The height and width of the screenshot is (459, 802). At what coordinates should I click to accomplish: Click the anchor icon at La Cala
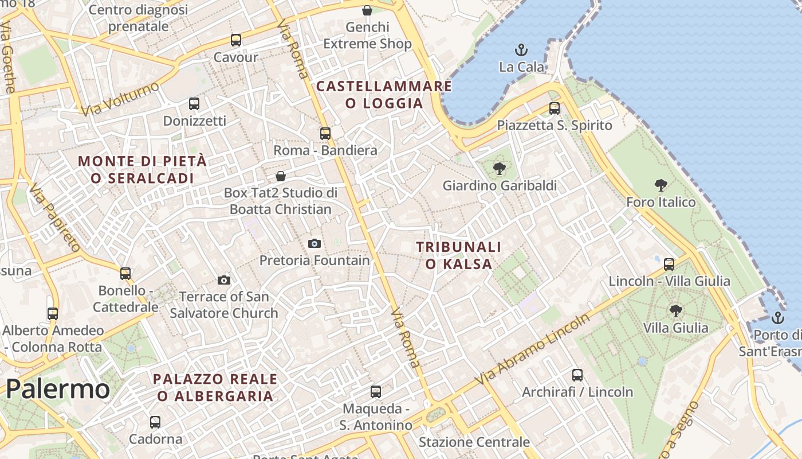[x=521, y=50]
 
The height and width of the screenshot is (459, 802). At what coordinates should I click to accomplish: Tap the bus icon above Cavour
[x=236, y=40]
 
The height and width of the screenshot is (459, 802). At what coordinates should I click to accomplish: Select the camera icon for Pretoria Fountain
[x=314, y=243]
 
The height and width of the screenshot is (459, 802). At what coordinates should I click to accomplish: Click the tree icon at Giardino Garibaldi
[x=500, y=169]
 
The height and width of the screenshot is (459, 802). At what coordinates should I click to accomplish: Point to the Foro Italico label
[x=661, y=202]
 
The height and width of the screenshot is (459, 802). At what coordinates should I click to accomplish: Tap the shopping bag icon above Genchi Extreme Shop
[x=367, y=10]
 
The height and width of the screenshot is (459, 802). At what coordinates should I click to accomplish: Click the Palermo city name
[x=57, y=389]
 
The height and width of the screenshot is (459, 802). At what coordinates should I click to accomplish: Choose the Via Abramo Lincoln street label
[x=532, y=350]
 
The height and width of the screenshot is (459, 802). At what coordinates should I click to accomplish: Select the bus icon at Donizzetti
[x=194, y=104]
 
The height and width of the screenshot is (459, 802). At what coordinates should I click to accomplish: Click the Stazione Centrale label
[x=474, y=442]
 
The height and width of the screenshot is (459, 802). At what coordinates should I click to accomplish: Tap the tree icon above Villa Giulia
[x=676, y=311]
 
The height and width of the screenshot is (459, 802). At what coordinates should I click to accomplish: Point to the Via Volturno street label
[x=120, y=99]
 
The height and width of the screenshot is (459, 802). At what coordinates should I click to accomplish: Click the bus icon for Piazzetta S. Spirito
[x=554, y=108]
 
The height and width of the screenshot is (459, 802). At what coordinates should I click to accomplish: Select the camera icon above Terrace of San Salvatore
[x=224, y=280]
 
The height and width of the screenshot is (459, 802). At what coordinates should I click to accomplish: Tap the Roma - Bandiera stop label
[x=325, y=150]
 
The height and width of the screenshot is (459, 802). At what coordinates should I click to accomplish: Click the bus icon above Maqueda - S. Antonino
[x=376, y=392]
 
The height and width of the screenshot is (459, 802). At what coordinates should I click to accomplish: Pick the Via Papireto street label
[x=55, y=217]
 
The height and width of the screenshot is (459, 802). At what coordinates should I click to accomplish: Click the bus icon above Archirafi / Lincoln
[x=577, y=375]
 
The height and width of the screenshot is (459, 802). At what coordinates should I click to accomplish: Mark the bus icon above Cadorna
[x=155, y=422]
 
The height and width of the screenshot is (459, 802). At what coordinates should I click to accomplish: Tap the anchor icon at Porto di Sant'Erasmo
[x=777, y=317]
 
